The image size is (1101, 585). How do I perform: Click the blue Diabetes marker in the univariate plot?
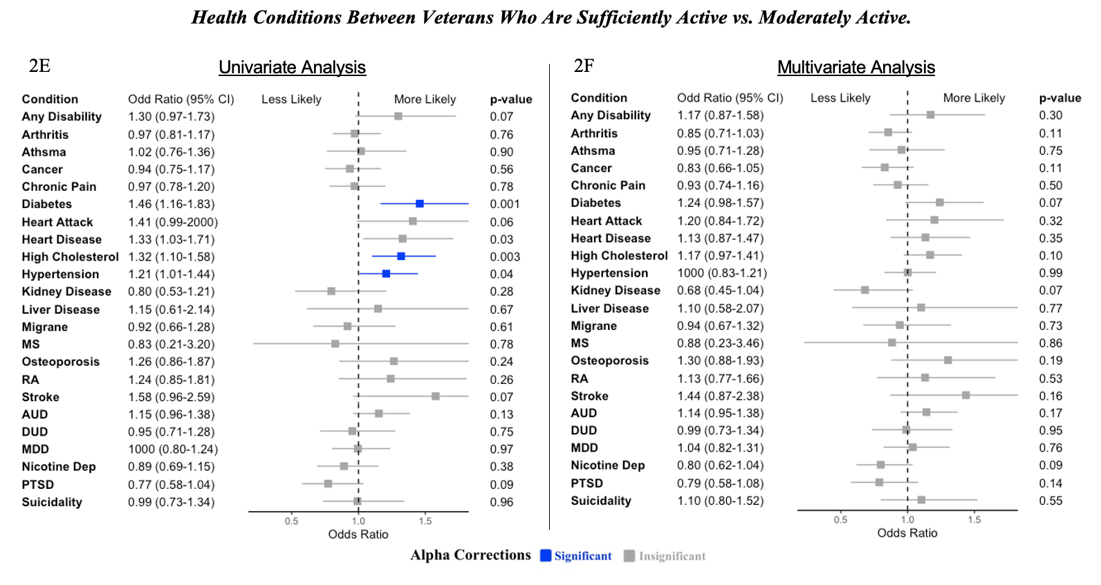[420, 204]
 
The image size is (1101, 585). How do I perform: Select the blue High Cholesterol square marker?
[401, 257]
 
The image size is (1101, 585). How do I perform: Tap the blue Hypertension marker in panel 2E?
[386, 274]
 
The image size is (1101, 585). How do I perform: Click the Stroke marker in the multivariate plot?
[965, 396]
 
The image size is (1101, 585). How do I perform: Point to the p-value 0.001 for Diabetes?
[504, 204]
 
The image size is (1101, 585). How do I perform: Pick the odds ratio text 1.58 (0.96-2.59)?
[171, 397]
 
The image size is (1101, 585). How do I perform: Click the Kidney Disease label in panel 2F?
[615, 290]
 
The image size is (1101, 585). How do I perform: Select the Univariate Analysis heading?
[292, 67]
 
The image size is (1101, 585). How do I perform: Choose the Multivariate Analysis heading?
[855, 67]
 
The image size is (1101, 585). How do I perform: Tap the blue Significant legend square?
[546, 555]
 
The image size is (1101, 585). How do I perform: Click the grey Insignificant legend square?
[629, 556]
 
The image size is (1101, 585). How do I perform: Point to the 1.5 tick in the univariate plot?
[425, 521]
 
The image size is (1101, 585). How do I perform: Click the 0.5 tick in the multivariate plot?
[840, 519]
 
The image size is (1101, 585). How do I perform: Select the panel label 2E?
[39, 66]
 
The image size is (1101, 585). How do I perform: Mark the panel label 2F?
[584, 66]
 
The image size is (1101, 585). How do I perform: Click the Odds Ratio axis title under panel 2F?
[907, 533]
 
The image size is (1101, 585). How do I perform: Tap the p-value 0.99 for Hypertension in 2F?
[1050, 273]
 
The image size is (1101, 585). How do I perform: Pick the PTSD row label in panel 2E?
[37, 485]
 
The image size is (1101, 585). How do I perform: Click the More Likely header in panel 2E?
[425, 100]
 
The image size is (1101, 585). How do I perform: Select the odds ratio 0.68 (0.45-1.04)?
[720, 290]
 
